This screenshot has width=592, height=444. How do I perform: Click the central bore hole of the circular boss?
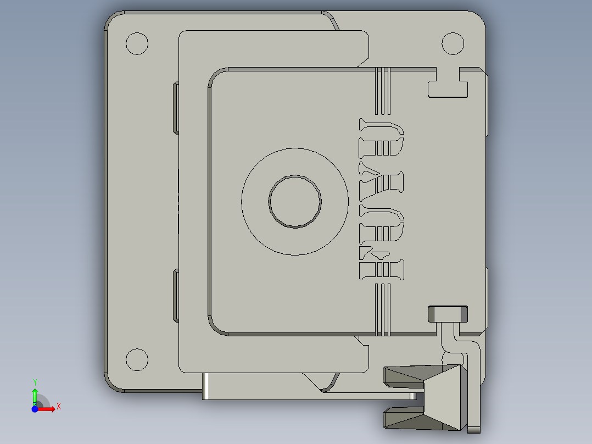point(295,201)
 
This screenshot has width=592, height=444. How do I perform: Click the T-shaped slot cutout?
point(448,86)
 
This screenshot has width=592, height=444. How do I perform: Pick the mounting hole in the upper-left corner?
point(137,43)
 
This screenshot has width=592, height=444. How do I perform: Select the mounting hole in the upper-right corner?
point(453,43)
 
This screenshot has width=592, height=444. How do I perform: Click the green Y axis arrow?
point(35,395)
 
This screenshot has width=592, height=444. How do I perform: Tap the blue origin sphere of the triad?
point(35,409)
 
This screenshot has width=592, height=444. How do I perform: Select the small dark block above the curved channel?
point(448,314)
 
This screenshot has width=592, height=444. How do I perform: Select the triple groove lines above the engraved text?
point(383,91)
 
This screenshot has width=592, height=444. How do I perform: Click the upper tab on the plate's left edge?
point(176,107)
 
